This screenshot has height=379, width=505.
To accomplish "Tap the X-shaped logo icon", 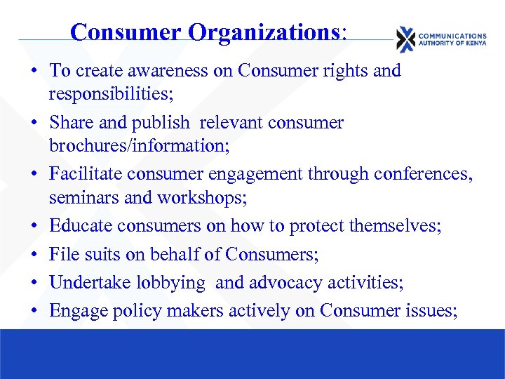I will (405, 39).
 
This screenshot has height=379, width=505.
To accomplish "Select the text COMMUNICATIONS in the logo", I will (452, 35).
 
